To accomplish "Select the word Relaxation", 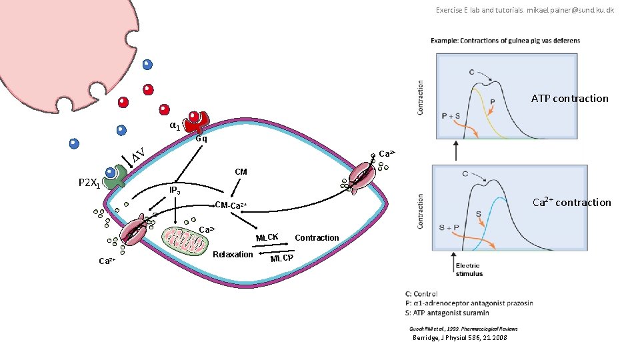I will (233, 255).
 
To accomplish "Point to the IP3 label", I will (175, 191).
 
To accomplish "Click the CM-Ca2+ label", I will (231, 204).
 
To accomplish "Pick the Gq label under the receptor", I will (201, 139).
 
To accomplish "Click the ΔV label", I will (139, 156).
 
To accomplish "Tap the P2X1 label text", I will (89, 183).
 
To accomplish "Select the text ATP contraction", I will (569, 99).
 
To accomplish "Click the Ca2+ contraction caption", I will (571, 202).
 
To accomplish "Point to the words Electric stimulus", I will (470, 269).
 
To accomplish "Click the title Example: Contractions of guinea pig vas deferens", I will (505, 41).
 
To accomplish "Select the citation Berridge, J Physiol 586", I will (460, 338).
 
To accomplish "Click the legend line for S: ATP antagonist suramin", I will (447, 313).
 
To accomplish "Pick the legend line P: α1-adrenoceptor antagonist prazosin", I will (469, 303).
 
